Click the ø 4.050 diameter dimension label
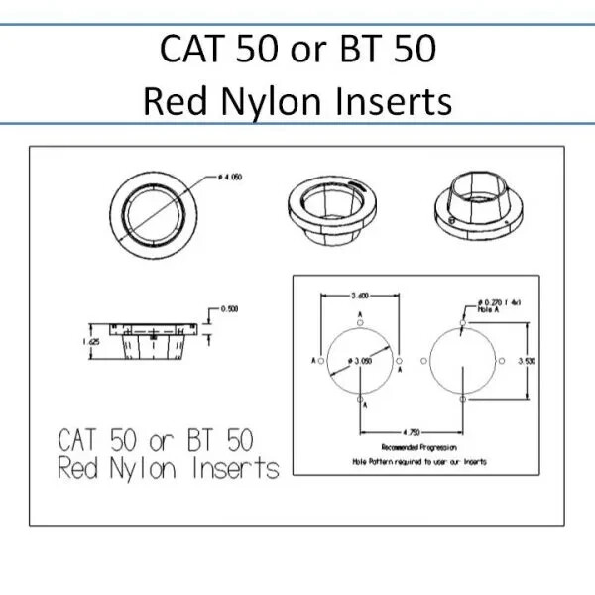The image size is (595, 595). pyautogui.click(x=229, y=177)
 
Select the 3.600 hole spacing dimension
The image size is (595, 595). pyautogui.click(x=359, y=295)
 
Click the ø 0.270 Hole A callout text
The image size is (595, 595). pyautogui.click(x=497, y=304)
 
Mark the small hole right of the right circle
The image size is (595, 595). pyautogui.click(x=505, y=360)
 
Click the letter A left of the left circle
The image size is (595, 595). pyautogui.click(x=312, y=360)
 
